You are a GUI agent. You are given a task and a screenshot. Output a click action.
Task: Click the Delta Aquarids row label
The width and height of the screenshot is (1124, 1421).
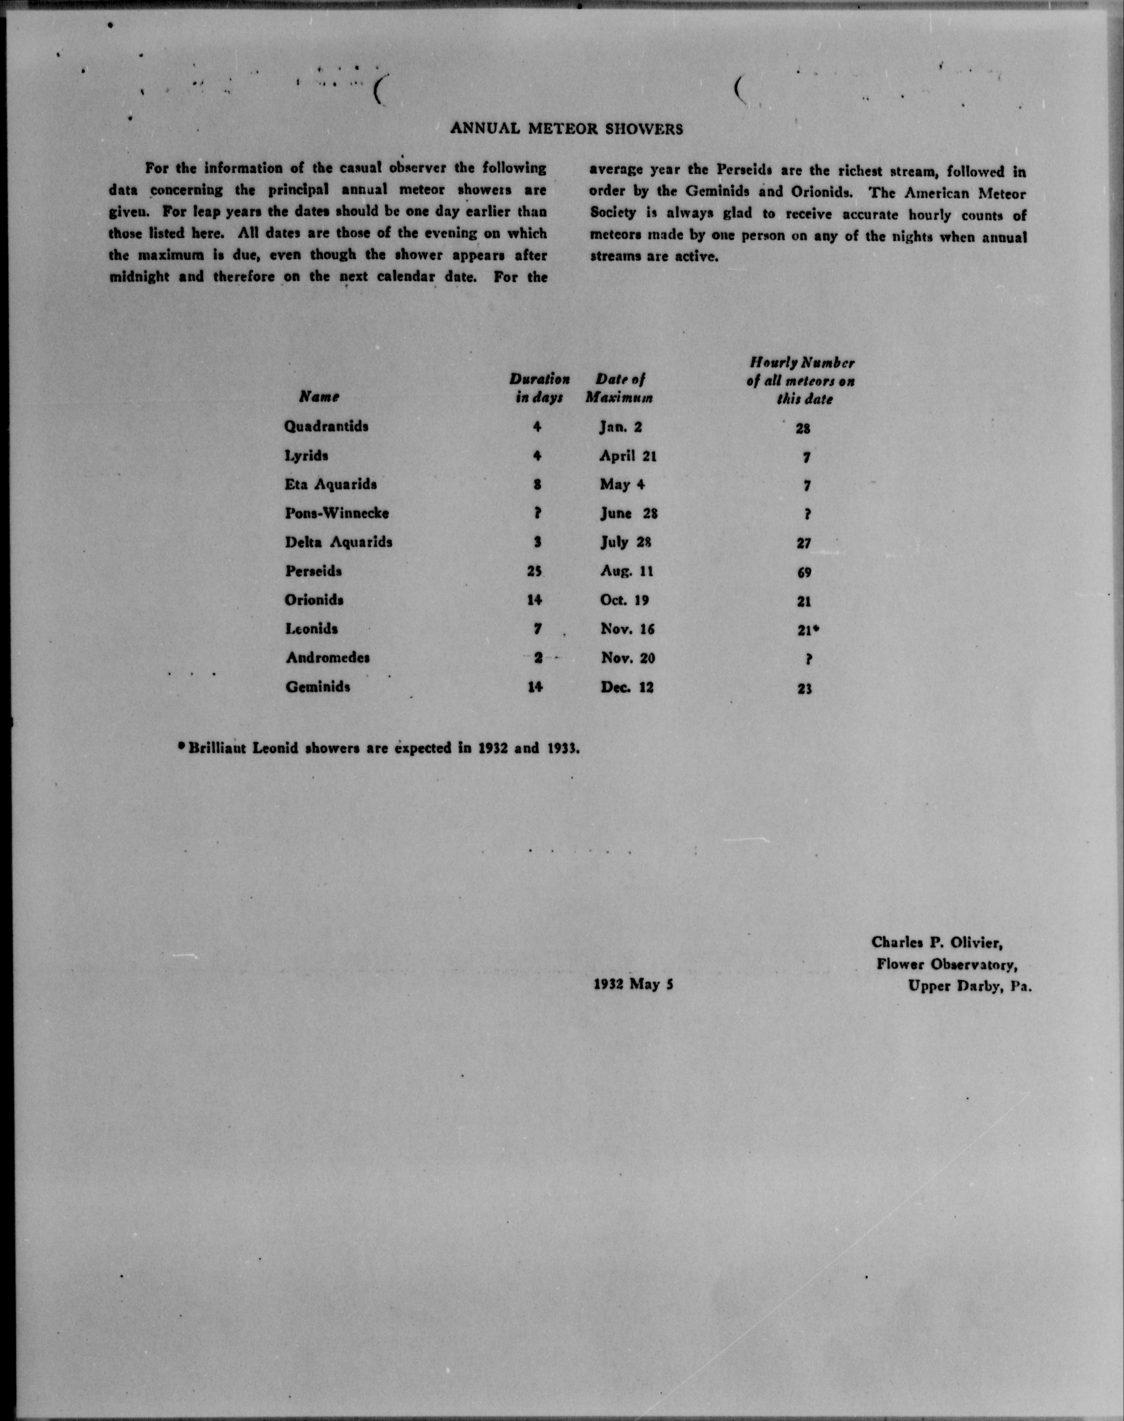(339, 542)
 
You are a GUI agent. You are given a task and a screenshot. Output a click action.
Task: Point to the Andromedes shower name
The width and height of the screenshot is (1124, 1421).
(327, 658)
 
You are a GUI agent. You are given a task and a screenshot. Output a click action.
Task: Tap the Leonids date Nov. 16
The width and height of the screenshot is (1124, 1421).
(628, 629)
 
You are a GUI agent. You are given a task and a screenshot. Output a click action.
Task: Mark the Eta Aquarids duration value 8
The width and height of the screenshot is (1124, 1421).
(537, 485)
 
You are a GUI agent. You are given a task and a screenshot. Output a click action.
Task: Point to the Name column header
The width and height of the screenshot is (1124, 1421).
(319, 397)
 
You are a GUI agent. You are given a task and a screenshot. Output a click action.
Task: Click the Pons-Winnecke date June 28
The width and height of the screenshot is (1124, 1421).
(629, 514)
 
